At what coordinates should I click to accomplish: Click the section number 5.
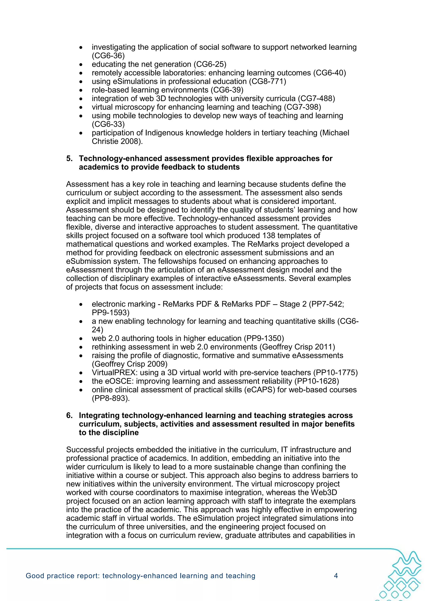pyautogui.click(x=69, y=159)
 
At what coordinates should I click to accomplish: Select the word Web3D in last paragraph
pyautogui.click(x=324, y=493)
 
